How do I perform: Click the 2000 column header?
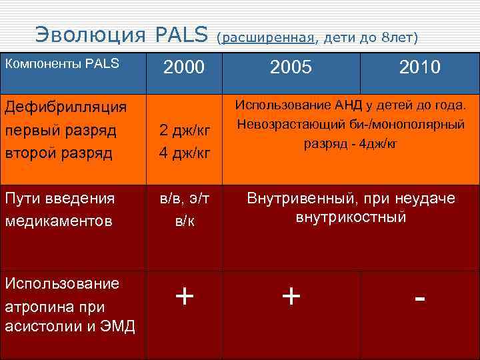point(184,67)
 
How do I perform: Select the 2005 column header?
point(291,67)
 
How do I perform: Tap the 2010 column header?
point(419,67)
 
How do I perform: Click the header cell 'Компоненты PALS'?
point(62,64)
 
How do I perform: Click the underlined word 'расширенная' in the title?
point(269,38)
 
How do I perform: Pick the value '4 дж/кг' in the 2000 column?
point(184,153)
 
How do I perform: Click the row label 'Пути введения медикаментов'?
point(60,209)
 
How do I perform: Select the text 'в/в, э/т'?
point(184,198)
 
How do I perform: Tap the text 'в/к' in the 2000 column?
point(184,221)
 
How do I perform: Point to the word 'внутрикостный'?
point(351,217)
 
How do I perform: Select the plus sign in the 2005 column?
point(291,295)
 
